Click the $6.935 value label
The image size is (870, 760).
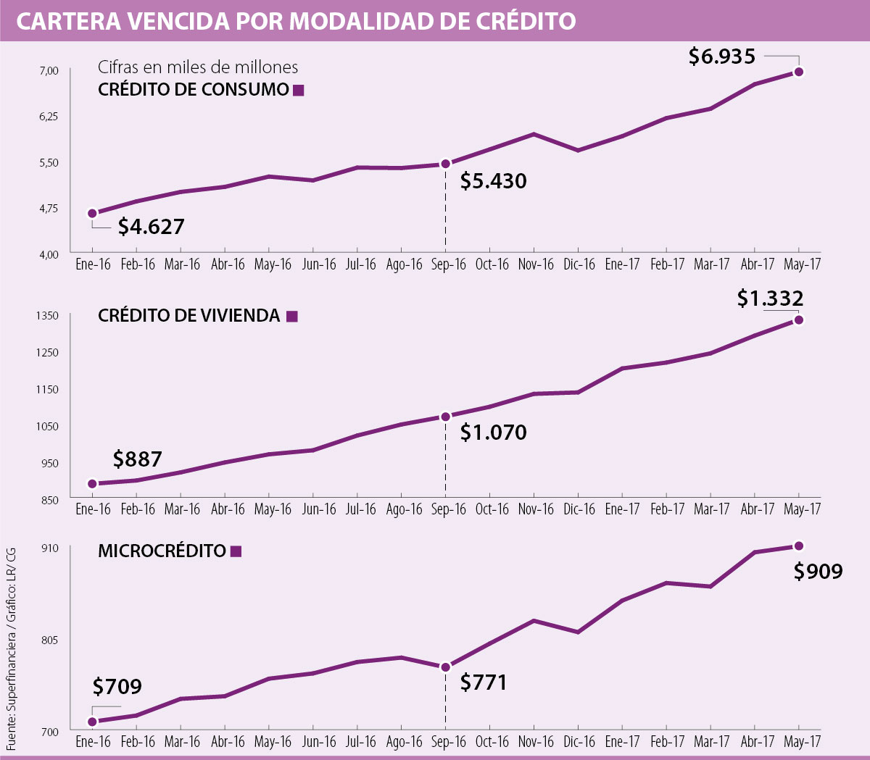(x=721, y=57)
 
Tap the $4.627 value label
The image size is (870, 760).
(x=151, y=227)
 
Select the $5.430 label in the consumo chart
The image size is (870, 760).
(x=493, y=181)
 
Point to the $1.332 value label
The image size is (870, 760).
(x=770, y=298)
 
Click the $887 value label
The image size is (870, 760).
(x=137, y=459)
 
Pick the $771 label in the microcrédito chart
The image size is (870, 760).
(x=484, y=682)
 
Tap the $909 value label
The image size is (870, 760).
(x=818, y=572)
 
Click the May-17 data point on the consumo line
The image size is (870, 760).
(x=799, y=72)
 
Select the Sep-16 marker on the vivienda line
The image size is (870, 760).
(x=446, y=417)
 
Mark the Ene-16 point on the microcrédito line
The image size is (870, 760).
(x=93, y=722)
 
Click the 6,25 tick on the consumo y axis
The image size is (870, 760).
(x=49, y=116)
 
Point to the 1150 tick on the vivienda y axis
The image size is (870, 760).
(x=49, y=389)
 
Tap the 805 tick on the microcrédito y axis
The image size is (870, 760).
(x=49, y=640)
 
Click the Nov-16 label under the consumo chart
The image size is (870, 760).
(x=536, y=264)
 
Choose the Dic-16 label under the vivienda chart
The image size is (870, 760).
(x=579, y=509)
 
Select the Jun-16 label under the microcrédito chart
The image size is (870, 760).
(x=319, y=742)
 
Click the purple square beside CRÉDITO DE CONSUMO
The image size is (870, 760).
(x=299, y=91)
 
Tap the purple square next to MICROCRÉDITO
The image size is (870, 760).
(x=236, y=551)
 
